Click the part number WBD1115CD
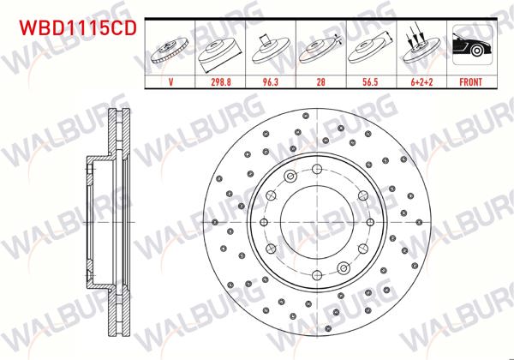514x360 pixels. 73,29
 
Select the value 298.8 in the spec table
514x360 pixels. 221,84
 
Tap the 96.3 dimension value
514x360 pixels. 270,84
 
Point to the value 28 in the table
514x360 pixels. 320,84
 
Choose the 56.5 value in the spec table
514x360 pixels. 368,84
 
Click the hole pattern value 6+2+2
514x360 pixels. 419,84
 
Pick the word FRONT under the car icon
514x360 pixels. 468,84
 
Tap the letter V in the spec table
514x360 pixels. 172,84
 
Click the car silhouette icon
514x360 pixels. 468,50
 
